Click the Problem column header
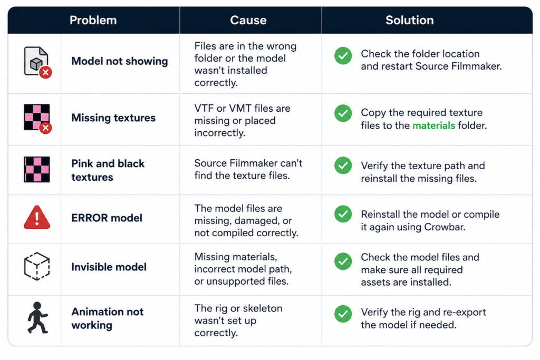pyautogui.click(x=93, y=21)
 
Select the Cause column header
pyautogui.click(x=248, y=21)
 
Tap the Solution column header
pyautogui.click(x=409, y=21)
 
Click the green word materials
pyautogui.click(x=433, y=125)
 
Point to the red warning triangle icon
pyautogui.click(x=37, y=218)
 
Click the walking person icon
pyautogui.click(x=37, y=318)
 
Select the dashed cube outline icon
pyautogui.click(x=37, y=266)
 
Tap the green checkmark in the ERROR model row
pyautogui.click(x=343, y=214)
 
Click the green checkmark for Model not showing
pyautogui.click(x=343, y=56)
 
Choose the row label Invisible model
pyautogui.click(x=109, y=267)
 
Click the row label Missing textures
pyautogui.click(x=113, y=118)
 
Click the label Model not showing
pyautogui.click(x=120, y=61)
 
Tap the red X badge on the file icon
pyautogui.click(x=45, y=73)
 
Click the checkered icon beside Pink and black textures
pyautogui.click(x=37, y=169)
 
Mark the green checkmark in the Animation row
pyautogui.click(x=343, y=314)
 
